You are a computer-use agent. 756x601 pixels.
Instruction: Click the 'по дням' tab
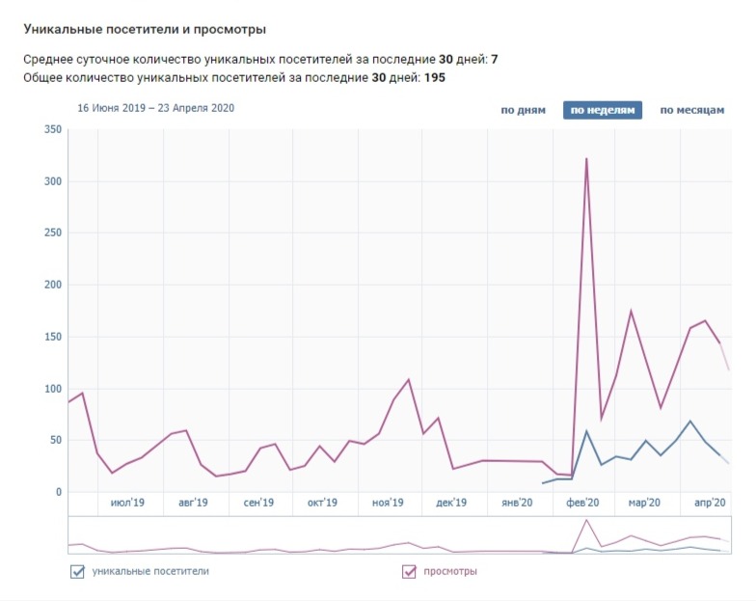(524, 110)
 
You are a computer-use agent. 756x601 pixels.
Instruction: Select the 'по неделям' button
(603, 110)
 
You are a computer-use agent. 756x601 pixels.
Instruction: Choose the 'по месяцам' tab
(691, 110)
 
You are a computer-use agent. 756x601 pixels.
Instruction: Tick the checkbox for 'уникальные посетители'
(78, 572)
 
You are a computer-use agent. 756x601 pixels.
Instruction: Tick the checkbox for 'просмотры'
(409, 572)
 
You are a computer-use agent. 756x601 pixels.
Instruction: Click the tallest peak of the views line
(586, 159)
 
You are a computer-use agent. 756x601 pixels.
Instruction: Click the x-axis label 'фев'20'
(581, 503)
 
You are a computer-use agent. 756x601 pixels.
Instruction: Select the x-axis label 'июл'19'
(128, 503)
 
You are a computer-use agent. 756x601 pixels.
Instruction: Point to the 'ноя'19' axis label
(387, 503)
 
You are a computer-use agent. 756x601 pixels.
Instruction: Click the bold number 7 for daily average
(495, 60)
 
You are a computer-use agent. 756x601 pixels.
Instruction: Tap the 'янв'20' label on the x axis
(518, 503)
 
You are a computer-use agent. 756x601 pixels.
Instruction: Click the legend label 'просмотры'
(450, 572)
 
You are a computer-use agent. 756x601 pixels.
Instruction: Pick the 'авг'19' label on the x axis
(193, 503)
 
